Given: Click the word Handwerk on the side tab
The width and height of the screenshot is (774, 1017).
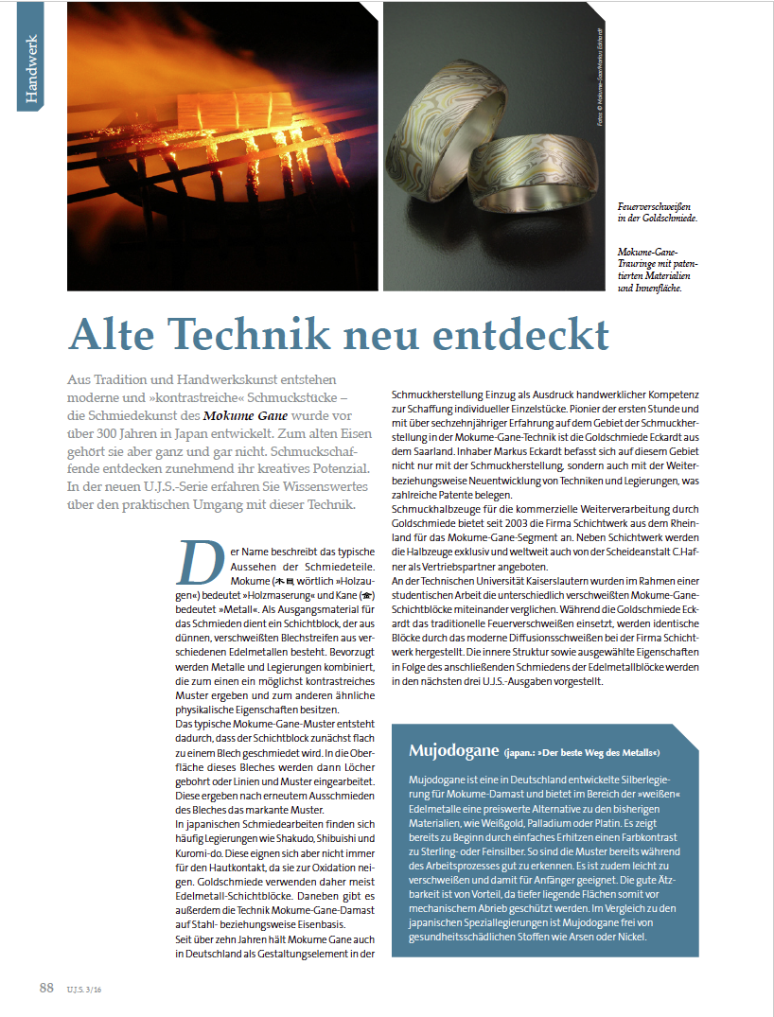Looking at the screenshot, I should coord(32,68).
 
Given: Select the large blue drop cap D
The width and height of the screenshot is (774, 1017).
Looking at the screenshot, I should coord(194,562).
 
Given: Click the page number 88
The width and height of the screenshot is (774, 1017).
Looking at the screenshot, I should coord(46,989).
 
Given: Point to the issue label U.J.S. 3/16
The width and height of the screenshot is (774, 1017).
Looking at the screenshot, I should coord(85,991).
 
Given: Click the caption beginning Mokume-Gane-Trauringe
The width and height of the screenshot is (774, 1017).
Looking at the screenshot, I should coord(649,254).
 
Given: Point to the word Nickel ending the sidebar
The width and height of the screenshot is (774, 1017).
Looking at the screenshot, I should coord(627,937).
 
